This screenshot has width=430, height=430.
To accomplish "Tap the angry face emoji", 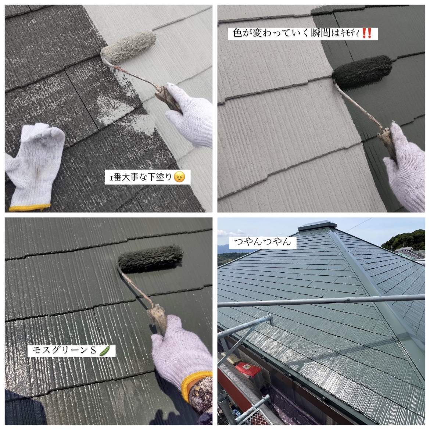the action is (179, 177).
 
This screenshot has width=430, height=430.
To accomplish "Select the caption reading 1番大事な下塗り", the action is (141, 177).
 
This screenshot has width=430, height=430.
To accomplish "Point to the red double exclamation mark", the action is (367, 33).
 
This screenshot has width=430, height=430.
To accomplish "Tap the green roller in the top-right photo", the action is (362, 72).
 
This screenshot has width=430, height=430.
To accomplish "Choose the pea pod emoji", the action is (104, 351).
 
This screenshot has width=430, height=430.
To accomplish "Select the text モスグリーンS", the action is (64, 351).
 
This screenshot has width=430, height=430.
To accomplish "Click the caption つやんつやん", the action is (263, 242).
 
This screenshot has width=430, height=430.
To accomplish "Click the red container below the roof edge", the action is (248, 369).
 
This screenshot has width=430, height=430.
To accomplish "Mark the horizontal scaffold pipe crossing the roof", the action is (321, 301).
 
